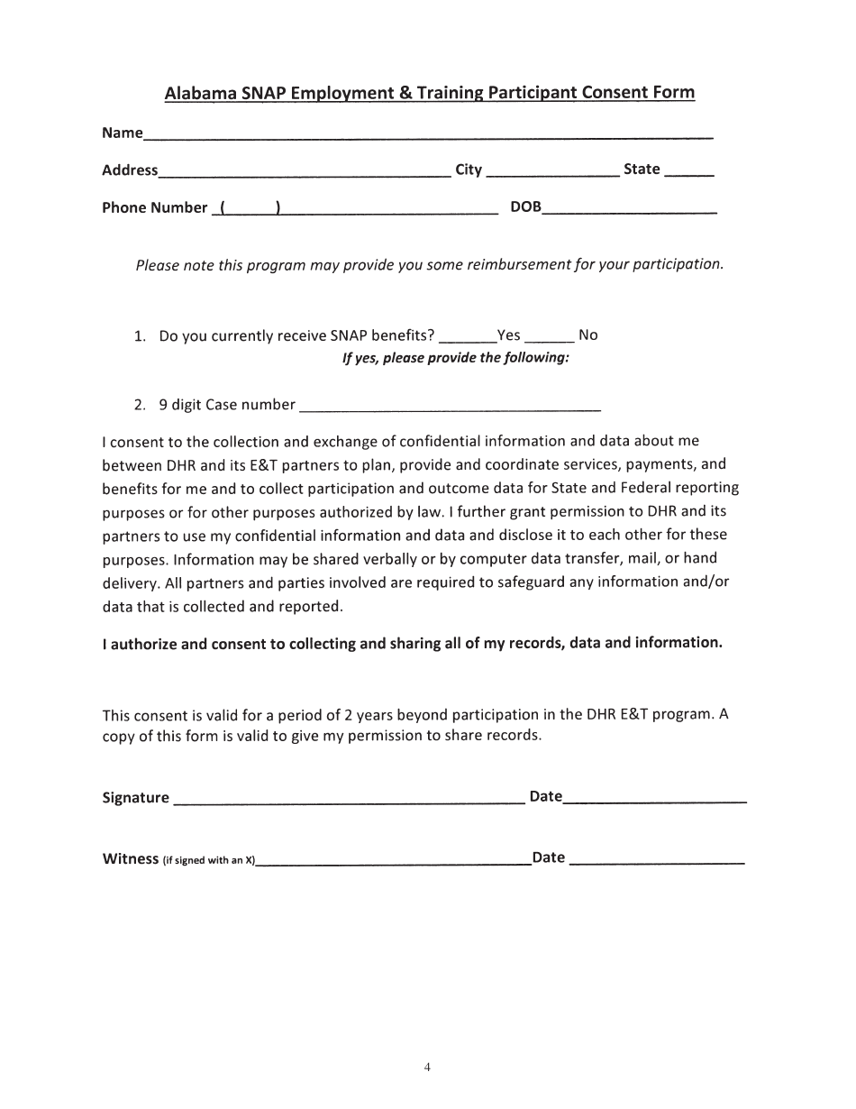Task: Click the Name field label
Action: pos(122,133)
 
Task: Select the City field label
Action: pos(469,170)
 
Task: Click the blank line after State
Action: pos(689,173)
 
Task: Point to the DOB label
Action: pos(525,207)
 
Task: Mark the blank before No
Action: pos(549,339)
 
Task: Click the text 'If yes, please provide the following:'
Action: pos(456,358)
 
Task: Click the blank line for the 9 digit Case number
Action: pos(450,408)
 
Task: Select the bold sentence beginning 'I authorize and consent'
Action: pos(412,644)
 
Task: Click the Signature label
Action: pos(135,798)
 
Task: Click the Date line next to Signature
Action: pos(655,800)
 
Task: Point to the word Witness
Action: pos(130,859)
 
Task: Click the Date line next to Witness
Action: pos(658,862)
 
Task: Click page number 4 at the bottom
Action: pos(427,1068)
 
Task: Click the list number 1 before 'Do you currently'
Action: pos(140,336)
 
